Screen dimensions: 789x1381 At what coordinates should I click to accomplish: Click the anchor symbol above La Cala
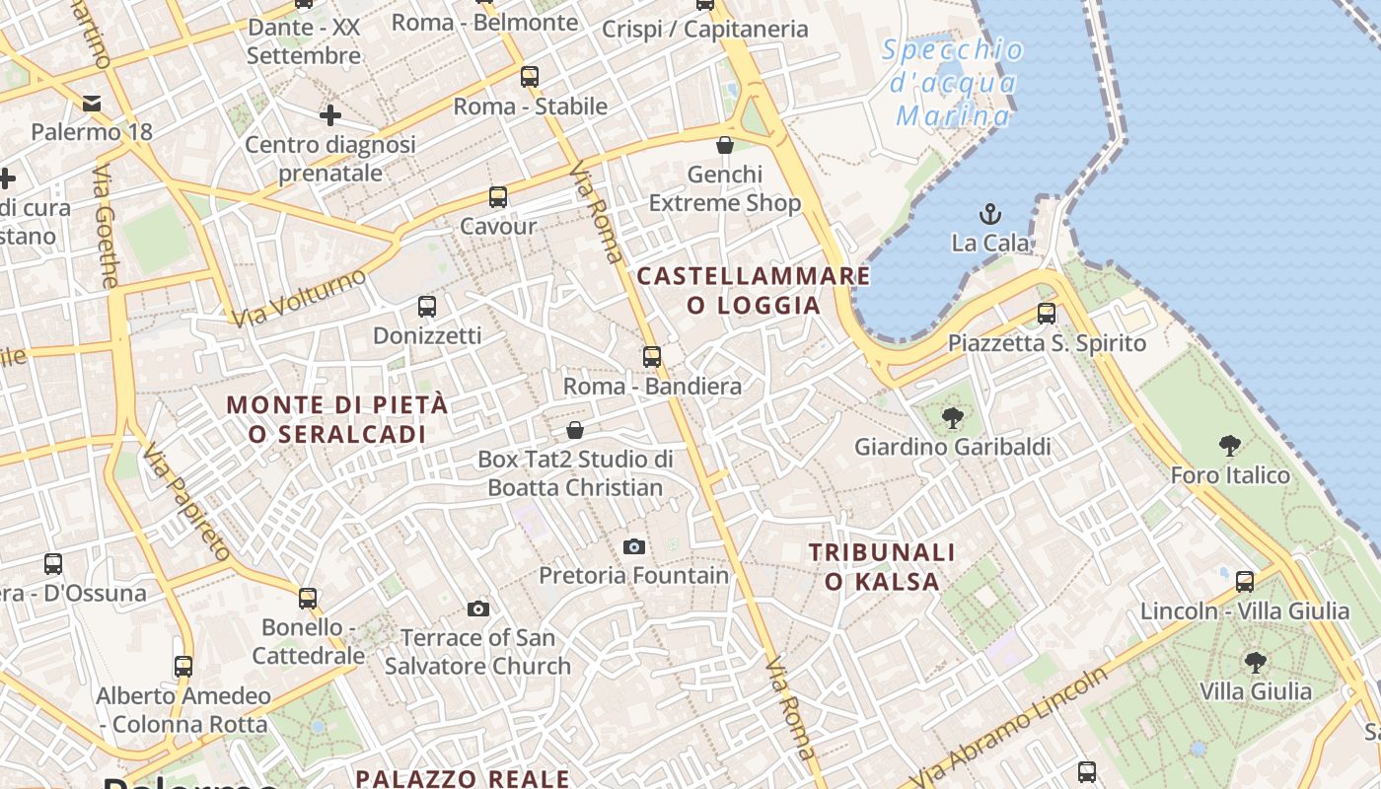pos(989,213)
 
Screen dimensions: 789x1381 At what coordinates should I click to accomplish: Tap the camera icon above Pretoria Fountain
pos(634,546)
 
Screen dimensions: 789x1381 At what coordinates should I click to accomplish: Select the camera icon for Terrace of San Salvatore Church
pos(478,609)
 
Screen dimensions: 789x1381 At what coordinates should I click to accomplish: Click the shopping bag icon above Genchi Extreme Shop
pos(725,145)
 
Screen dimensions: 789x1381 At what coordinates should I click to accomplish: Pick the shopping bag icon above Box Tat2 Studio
pos(575,430)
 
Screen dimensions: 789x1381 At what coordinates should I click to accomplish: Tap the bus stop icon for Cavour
pos(498,197)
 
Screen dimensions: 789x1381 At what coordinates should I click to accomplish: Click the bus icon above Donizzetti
pos(427,307)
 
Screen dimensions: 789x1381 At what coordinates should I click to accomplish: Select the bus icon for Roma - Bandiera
pos(652,357)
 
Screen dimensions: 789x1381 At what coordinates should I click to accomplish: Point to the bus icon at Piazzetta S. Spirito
pos(1047,315)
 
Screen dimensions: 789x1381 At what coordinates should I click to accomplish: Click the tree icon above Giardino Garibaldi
pos(952,418)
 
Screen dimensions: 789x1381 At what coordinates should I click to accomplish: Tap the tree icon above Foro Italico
pos(1229,446)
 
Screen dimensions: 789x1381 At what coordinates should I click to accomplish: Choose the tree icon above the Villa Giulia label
pos(1255,662)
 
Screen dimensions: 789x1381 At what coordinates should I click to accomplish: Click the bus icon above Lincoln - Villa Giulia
pos(1245,582)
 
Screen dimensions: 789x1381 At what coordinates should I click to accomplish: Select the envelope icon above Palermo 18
pos(92,104)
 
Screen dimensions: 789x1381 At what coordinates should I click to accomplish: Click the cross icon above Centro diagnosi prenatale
pos(330,115)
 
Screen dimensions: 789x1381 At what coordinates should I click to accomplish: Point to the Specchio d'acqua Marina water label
pos(953,83)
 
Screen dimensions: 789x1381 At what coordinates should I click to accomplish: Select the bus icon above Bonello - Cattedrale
pos(308,599)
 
